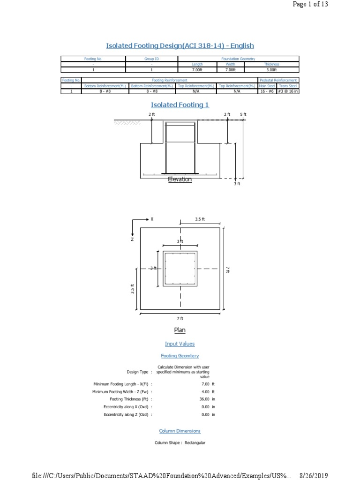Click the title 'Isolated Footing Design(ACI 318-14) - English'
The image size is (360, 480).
[x=180, y=45]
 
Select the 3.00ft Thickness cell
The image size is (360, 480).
[x=271, y=69]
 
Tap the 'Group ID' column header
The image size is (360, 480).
[x=152, y=59]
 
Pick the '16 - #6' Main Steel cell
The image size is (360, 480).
[x=267, y=91]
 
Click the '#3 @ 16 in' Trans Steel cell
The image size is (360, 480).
[x=288, y=91]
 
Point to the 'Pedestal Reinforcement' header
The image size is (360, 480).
[x=278, y=80]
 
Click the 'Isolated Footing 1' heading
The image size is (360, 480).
[x=180, y=105]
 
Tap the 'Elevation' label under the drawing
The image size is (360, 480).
[x=180, y=179]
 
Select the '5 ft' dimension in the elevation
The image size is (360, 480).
[x=243, y=114]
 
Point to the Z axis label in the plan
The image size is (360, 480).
[x=132, y=239]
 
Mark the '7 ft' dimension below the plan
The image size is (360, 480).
[x=180, y=319]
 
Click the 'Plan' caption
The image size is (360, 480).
[x=180, y=330]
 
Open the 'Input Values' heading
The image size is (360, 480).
[x=180, y=344]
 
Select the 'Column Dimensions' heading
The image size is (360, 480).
[x=180, y=431]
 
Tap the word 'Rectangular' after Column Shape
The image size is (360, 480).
[x=195, y=442]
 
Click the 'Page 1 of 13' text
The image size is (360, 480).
[x=310, y=4]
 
